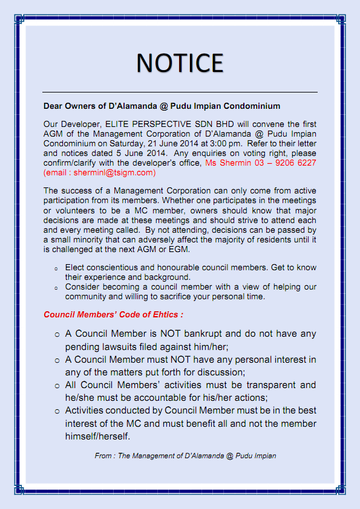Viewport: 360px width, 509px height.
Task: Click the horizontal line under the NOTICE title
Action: pyautogui.click(x=180, y=92)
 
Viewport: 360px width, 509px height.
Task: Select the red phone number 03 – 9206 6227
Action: pyautogui.click(x=283, y=163)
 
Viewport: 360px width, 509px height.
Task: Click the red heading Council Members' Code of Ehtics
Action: pyautogui.click(x=113, y=314)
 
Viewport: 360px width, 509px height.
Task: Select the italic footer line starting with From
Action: pyautogui.click(x=185, y=456)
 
